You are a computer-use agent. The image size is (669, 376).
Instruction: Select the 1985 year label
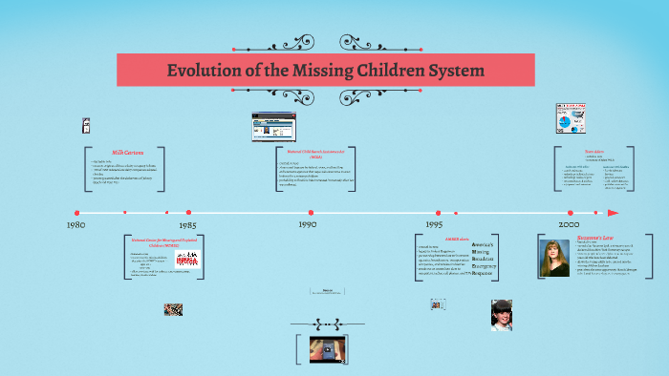pos(188,225)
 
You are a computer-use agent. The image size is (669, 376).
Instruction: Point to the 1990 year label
pos(307,225)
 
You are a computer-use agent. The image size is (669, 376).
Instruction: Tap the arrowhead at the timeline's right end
pos(613,213)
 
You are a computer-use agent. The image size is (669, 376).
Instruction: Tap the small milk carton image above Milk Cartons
pos(87,125)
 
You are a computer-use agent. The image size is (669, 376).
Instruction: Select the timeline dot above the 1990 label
pos(307,213)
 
